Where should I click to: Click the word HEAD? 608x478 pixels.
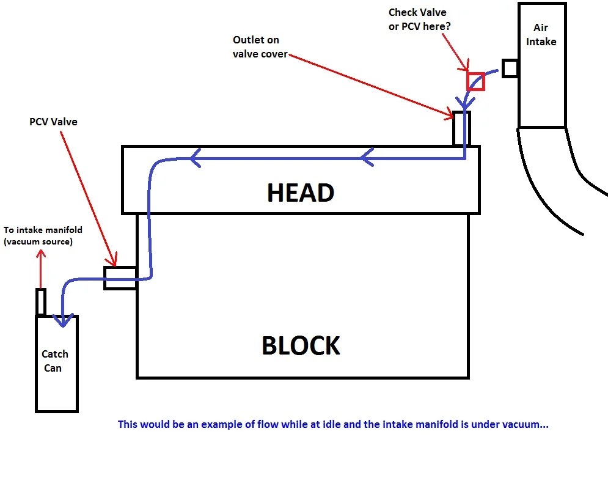301,193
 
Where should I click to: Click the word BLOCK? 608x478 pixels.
301,345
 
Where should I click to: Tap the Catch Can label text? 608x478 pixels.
54,361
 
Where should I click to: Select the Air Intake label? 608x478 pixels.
541,34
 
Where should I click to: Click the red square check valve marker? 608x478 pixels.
475,81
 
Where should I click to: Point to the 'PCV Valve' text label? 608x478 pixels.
53,122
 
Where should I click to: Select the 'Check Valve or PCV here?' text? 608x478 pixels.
420,20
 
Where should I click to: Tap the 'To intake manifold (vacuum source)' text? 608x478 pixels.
43,235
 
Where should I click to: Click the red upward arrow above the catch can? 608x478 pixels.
40,268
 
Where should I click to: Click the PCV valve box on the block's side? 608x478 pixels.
120,278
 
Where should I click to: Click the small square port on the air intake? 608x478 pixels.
510,68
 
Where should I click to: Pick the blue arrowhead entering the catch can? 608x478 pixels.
63,320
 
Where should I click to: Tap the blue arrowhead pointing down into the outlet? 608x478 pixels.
464,103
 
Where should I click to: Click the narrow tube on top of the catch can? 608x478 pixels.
41,302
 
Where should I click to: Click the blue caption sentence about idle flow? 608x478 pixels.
333,424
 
